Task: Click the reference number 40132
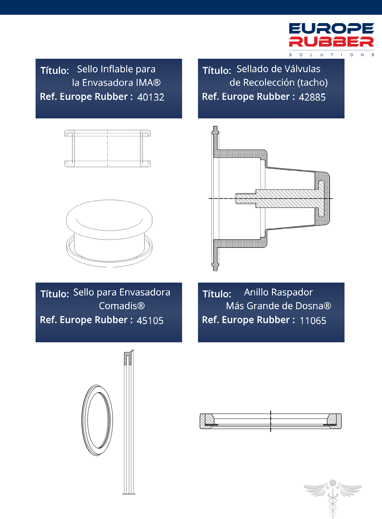point(151,97)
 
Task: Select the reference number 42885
point(312,97)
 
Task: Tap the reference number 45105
point(150,320)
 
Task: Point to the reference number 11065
point(313,320)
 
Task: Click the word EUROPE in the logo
point(331,29)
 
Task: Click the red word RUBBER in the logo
point(331,41)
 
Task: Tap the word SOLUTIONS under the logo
point(332,55)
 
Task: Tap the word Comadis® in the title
point(122,306)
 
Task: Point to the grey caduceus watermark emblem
point(333,498)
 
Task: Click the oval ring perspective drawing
point(82,420)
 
